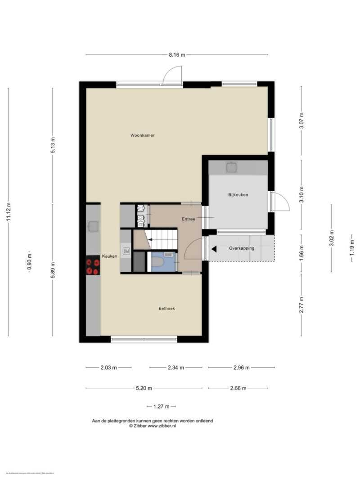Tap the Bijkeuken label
coord(238,195)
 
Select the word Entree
coord(189,219)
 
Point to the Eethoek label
coord(166,308)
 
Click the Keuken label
coord(109,256)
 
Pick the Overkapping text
coord(242,248)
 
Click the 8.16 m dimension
coord(177,55)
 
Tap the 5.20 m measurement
coord(144,388)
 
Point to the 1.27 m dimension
coord(161,407)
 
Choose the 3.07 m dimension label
coord(301,121)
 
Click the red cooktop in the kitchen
coord(93,265)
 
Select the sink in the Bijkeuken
coord(232,167)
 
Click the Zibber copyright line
coord(152,426)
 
